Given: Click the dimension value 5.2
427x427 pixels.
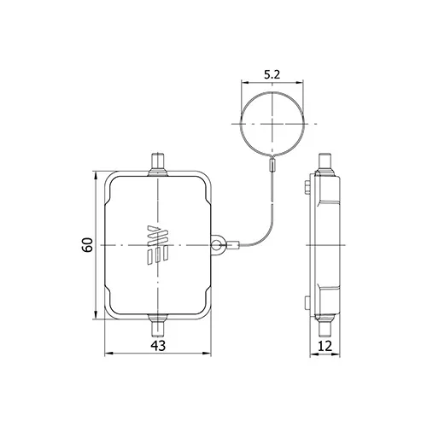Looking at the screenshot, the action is [272, 74].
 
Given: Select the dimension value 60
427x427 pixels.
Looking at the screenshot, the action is [87, 244].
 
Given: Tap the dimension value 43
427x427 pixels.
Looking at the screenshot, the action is [158, 346].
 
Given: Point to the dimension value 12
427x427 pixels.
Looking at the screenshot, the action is [325, 346].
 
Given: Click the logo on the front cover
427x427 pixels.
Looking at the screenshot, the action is [158, 245].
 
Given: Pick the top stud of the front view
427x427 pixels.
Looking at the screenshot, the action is [158, 165].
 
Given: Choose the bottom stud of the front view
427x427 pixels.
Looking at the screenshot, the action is [158, 325].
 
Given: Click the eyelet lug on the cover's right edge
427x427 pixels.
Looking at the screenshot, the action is [218, 245].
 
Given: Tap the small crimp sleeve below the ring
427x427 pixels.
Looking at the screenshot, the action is [272, 164].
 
